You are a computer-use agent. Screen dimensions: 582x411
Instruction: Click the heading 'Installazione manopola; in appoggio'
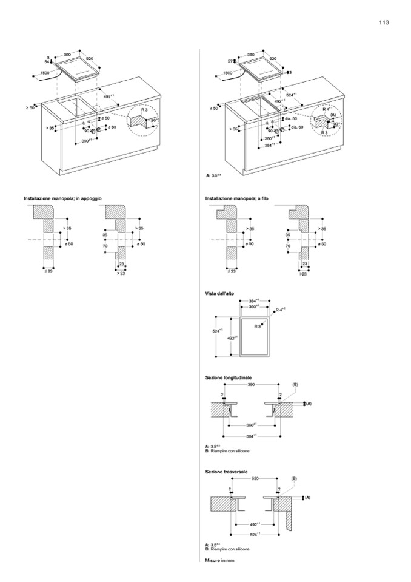pyautogui.click(x=62, y=199)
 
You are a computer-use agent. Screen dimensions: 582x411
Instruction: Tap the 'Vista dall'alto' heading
pyautogui.click(x=219, y=294)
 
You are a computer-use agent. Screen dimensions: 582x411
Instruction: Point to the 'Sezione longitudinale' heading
pyautogui.click(x=229, y=377)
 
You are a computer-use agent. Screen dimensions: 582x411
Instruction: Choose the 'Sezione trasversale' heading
pyautogui.click(x=226, y=471)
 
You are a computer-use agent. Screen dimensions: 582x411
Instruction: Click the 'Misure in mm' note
pyautogui.click(x=219, y=560)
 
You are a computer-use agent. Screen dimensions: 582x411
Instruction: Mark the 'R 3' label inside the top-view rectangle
pyautogui.click(x=258, y=327)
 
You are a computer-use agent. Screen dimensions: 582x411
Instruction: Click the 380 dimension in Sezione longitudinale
pyautogui.click(x=252, y=385)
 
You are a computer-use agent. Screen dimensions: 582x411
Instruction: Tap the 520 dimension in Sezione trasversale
pyautogui.click(x=255, y=479)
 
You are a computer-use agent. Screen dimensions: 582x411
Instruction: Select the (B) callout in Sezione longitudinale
pyautogui.click(x=295, y=385)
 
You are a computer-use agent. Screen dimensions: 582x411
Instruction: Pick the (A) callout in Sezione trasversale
pyautogui.click(x=307, y=498)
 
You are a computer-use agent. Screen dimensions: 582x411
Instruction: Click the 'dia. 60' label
pyautogui.click(x=296, y=127)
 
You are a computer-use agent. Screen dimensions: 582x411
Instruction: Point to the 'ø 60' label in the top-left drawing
pyautogui.click(x=111, y=127)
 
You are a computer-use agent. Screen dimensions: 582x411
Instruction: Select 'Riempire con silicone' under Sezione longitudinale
pyautogui.click(x=231, y=452)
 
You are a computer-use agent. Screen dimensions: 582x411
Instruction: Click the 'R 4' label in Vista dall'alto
pyautogui.click(x=279, y=310)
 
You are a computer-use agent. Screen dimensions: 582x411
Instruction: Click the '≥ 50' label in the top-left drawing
pyautogui.click(x=30, y=107)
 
